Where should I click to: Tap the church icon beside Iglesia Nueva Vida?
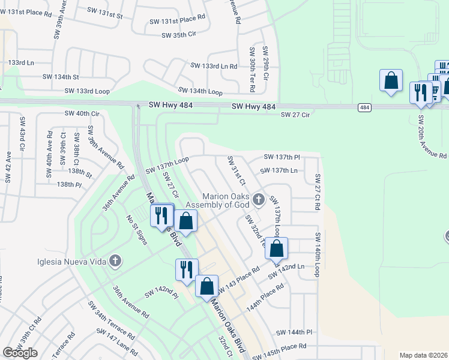[115, 261]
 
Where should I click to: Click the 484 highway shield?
[364, 107]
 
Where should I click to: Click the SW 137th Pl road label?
[282, 157]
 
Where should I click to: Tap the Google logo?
[20, 353]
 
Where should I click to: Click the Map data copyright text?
[424, 355]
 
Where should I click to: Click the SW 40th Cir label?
[79, 113]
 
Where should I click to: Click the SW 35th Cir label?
[179, 35]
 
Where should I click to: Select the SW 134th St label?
[61, 77]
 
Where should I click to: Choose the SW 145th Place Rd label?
[280, 346]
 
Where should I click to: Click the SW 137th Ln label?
[280, 170]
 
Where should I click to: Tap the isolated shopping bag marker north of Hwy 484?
[391, 81]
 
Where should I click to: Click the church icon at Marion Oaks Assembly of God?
[258, 199]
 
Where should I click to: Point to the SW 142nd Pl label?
[162, 293]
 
